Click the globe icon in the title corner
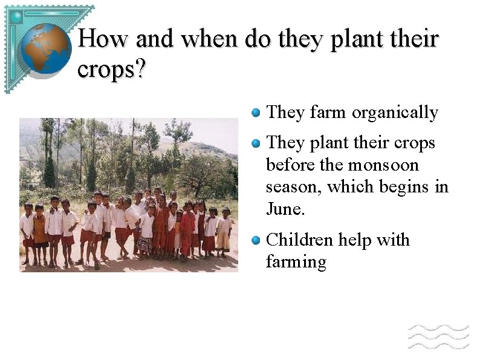coord(46,48)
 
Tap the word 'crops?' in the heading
coord(112,70)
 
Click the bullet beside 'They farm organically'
coord(256,112)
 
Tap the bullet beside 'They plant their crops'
coord(256,143)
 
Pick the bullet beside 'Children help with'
coord(256,240)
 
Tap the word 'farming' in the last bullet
coord(296,262)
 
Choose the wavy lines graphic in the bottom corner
coord(438,336)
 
